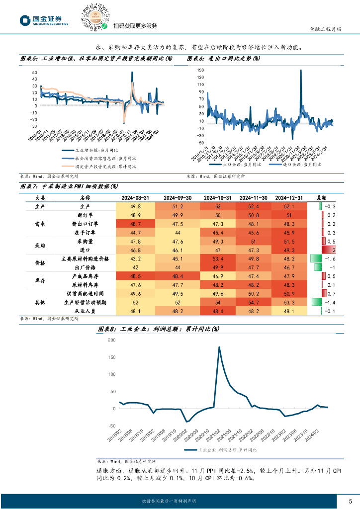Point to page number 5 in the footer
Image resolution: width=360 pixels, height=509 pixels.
point(350,501)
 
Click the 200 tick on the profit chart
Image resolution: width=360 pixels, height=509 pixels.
point(111,340)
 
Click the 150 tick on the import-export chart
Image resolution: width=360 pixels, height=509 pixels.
point(200,70)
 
